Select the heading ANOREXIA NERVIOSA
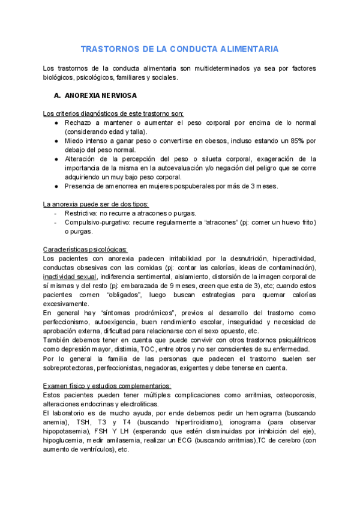(100, 95)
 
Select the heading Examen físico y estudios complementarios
(107, 385)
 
